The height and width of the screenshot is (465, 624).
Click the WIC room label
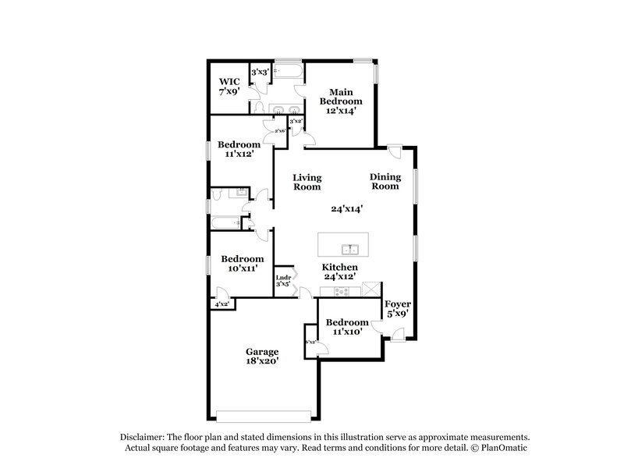[229, 81]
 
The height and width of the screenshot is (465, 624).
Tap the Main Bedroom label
[344, 96]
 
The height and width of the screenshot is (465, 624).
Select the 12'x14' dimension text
[344, 112]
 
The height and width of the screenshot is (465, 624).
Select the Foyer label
[399, 303]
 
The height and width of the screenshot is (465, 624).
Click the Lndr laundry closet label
[284, 277]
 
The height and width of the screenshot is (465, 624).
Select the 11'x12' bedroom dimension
[239, 155]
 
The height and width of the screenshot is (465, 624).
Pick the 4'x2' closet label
[222, 304]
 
